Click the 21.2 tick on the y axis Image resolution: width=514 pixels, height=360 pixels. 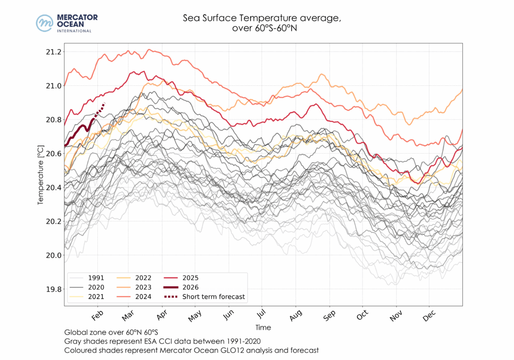53,52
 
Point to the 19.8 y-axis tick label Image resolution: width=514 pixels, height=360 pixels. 53,289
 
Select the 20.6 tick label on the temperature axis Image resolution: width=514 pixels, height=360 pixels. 53,154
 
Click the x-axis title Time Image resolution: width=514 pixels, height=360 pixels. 263,327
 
